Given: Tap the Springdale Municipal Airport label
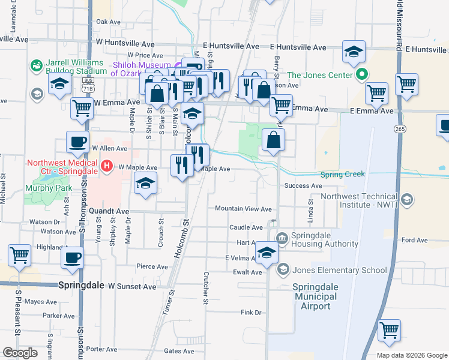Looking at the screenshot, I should point(312,296).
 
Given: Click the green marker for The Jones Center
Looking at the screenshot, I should point(361,75).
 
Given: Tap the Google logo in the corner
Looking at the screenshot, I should point(20,353).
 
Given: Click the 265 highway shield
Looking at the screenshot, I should point(399,128).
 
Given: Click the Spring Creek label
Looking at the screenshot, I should point(343,175).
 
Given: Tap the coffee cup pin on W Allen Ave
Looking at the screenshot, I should point(77,142).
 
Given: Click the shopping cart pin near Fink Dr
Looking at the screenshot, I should point(390,331).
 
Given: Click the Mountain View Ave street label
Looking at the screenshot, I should point(243,209).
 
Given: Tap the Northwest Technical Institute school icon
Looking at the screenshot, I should point(407,200).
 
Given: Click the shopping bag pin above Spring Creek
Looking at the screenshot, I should point(273,140).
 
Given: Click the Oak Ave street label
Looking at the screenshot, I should point(109,22).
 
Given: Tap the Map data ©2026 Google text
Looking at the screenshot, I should point(411,355).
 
